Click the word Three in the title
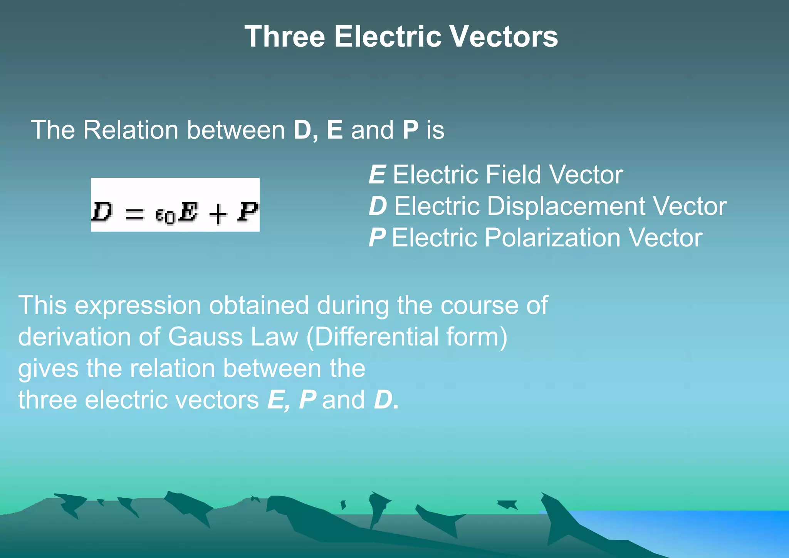tap(285, 37)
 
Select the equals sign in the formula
tap(134, 214)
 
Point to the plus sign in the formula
tap(218, 214)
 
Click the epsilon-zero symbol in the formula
tap(165, 216)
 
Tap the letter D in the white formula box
tap(102, 212)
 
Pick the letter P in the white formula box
tap(248, 212)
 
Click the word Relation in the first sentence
tap(131, 130)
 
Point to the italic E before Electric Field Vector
tap(377, 175)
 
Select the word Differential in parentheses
tap(372, 337)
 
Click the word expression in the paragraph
tap(138, 305)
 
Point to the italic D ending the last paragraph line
tap(383, 400)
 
